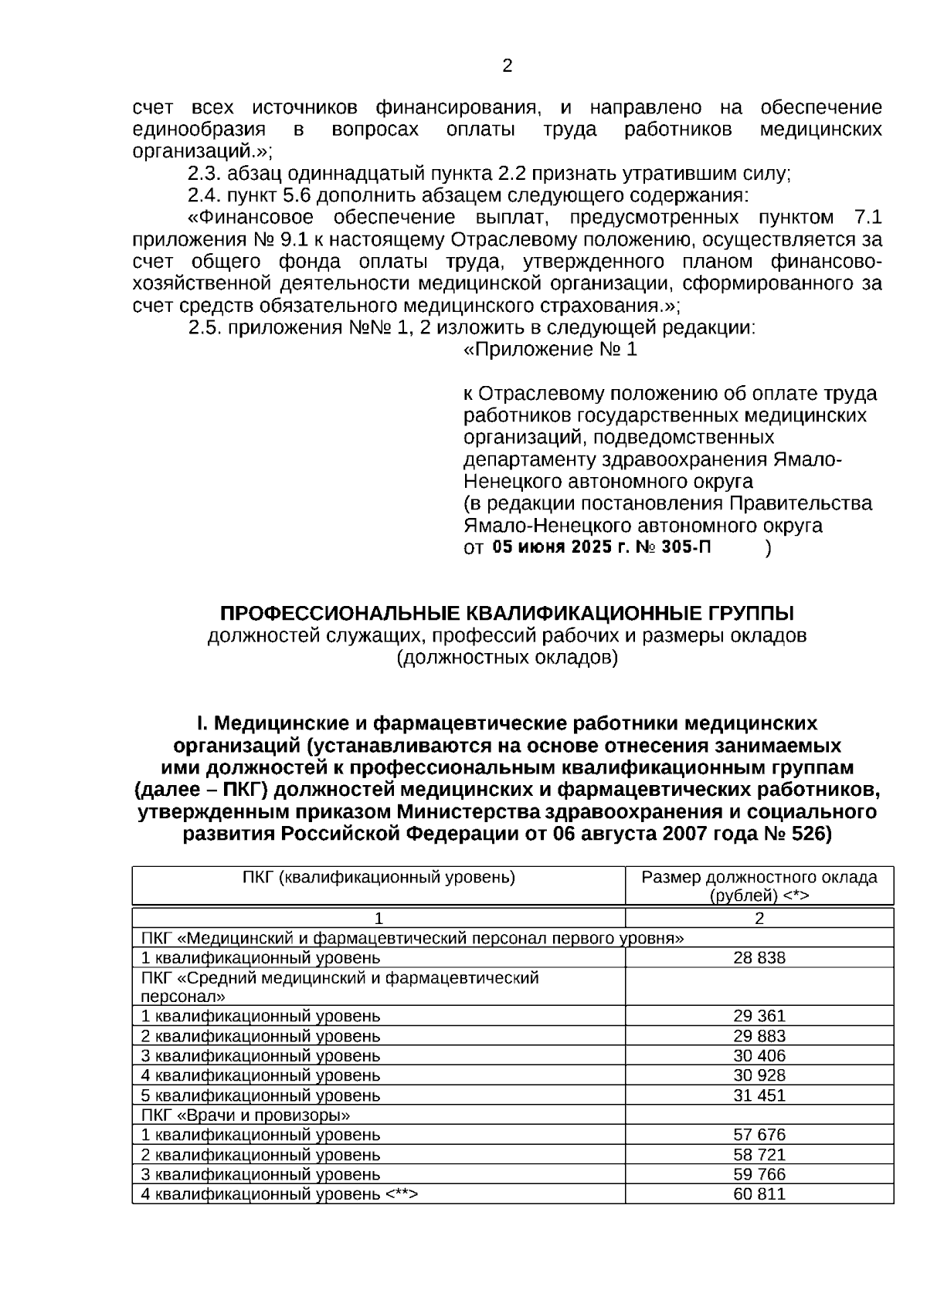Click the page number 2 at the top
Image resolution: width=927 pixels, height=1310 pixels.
click(x=508, y=66)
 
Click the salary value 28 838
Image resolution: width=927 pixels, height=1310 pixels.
click(x=759, y=958)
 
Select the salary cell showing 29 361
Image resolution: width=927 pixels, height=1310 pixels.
click(x=759, y=1017)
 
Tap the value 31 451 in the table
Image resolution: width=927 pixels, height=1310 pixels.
click(x=759, y=1095)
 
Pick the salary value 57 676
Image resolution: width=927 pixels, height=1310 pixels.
click(x=759, y=1135)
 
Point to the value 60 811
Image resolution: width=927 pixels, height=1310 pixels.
click(x=759, y=1194)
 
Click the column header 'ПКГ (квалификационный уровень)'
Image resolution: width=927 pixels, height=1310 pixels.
click(x=379, y=878)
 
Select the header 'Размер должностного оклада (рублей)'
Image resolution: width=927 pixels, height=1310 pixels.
click(x=759, y=886)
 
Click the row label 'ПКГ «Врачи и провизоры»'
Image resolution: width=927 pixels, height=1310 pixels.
click(x=246, y=1115)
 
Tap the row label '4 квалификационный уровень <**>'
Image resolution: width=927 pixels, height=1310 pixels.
click(x=279, y=1194)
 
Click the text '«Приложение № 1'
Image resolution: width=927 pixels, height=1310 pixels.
click(x=550, y=350)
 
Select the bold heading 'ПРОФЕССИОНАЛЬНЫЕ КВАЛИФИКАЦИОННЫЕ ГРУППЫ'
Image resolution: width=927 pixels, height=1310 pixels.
click(x=507, y=614)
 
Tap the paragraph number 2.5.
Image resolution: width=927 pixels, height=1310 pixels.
click(x=205, y=328)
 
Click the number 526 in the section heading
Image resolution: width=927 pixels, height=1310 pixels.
click(x=808, y=834)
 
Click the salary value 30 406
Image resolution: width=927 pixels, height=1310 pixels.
click(x=759, y=1056)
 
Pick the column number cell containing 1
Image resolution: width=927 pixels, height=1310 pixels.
click(x=379, y=919)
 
